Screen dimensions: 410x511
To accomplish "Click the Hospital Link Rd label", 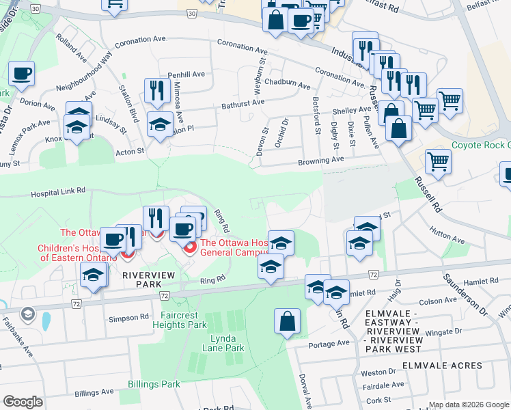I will (x=57, y=194).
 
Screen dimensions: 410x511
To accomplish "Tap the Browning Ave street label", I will (x=320, y=160).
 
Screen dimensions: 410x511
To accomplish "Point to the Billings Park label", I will (x=154, y=384).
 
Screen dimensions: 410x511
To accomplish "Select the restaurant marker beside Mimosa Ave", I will (x=157, y=90).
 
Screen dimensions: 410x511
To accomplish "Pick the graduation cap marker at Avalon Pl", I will (x=160, y=125).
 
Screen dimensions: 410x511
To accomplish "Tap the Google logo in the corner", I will (x=23, y=402).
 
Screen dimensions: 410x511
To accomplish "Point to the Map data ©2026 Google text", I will (x=468, y=405).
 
